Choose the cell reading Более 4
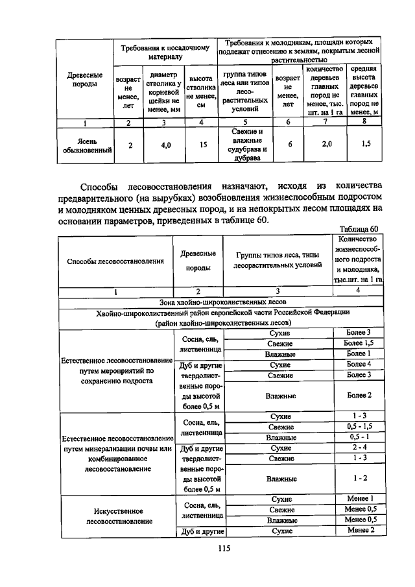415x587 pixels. (x=358, y=365)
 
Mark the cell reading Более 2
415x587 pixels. (x=358, y=395)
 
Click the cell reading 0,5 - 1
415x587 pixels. (x=358, y=437)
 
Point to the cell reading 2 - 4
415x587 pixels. (x=358, y=448)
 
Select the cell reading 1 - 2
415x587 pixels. (x=358, y=478)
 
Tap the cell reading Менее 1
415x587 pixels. (x=358, y=499)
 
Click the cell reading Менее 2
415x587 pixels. (x=358, y=531)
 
